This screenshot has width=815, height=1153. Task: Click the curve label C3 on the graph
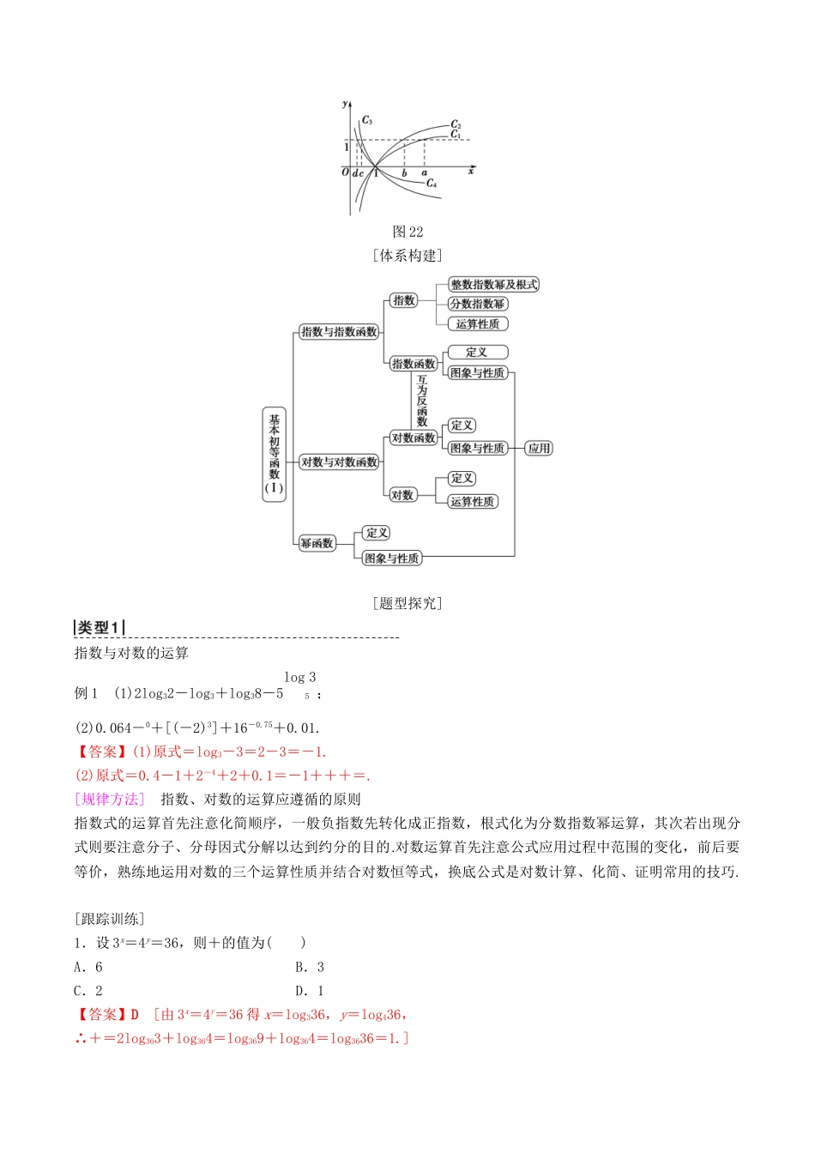point(367,120)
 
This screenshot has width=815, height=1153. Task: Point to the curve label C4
point(432,183)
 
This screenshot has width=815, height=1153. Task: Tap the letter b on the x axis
point(404,173)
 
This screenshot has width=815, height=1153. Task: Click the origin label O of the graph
point(345,172)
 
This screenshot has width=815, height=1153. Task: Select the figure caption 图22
point(407,232)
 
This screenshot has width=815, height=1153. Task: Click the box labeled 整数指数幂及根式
point(494,285)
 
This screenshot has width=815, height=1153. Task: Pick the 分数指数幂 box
point(478,304)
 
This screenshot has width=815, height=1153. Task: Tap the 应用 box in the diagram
point(539,448)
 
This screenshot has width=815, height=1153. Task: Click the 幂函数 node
point(317,543)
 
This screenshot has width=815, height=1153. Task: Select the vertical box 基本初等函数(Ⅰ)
point(275,454)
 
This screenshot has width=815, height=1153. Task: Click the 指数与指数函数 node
point(340,332)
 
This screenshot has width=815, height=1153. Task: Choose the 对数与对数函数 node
point(340,462)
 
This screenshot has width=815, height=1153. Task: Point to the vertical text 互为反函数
point(422,401)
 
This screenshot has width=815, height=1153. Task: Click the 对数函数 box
point(414,438)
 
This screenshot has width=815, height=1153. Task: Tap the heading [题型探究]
point(407,603)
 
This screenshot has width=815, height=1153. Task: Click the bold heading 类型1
point(100,628)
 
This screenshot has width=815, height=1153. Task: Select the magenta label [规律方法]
point(110,800)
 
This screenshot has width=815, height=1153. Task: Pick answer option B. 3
point(310,967)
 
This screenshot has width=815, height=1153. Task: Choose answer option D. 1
point(310,991)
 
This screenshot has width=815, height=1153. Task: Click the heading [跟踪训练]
point(110,919)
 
